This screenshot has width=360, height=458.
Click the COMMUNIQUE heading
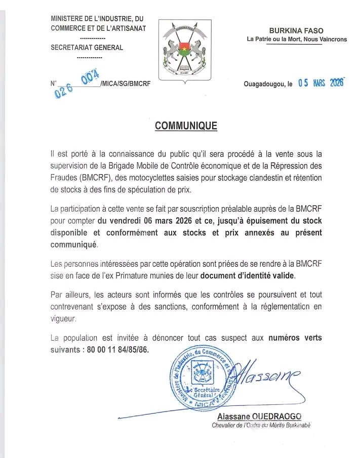click(186, 126)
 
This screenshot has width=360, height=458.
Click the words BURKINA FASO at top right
click(296, 31)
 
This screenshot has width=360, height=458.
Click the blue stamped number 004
click(90, 77)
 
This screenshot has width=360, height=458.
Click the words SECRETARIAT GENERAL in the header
click(87, 48)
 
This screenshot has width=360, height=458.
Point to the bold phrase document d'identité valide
click(247, 276)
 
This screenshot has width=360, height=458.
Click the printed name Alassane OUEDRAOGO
click(259, 417)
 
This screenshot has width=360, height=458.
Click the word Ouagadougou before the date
click(265, 85)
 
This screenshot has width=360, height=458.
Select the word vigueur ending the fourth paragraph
click(63, 319)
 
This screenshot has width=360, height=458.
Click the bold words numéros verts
click(295, 338)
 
